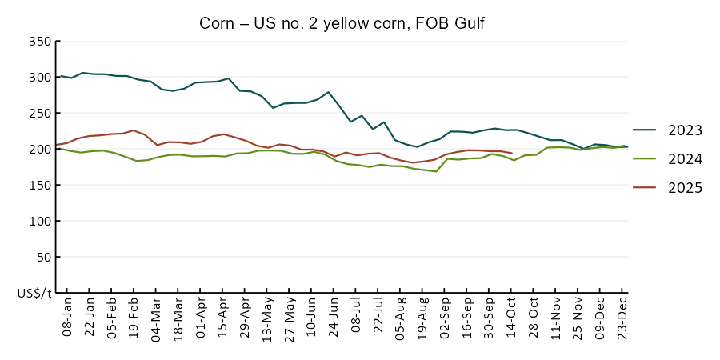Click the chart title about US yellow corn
point(342,24)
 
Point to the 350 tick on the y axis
point(40,42)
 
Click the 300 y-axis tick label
point(40,78)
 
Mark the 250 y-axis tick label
point(40,114)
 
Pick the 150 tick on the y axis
point(40,186)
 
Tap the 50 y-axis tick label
point(43,258)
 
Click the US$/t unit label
point(34,294)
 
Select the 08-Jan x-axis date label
point(67,316)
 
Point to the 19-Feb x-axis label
point(134,316)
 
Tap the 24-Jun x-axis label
point(332,316)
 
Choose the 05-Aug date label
point(398,316)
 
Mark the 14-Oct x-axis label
point(510,316)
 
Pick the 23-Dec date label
point(620,316)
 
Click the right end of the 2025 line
point(512,153)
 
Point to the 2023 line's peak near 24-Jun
point(329,92)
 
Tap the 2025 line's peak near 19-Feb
point(134,130)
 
